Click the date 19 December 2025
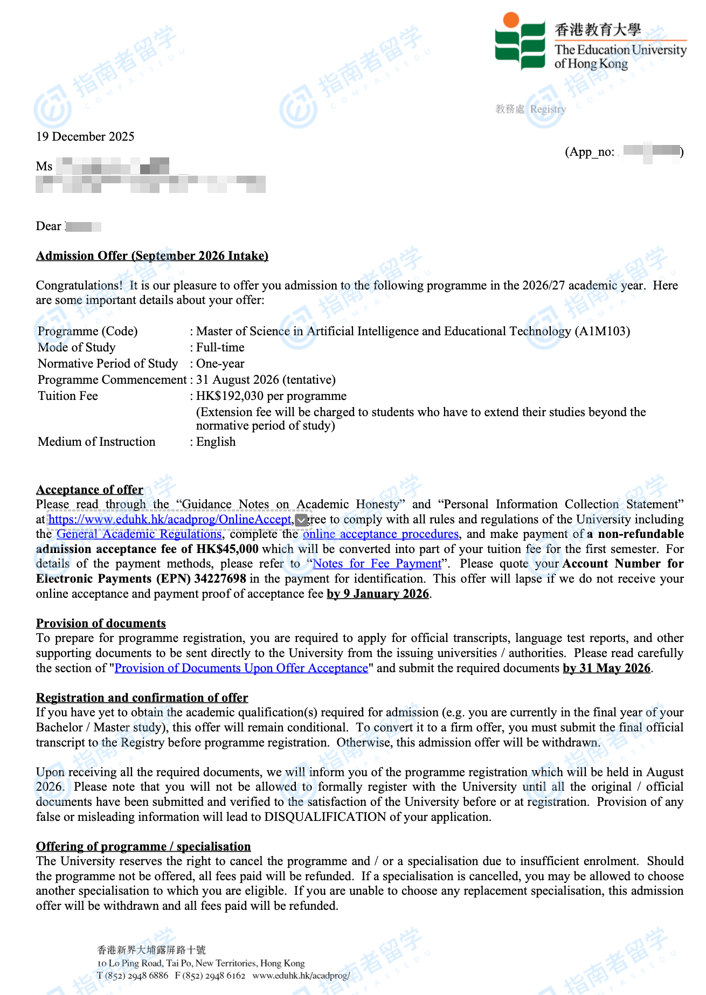tap(85, 136)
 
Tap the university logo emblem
tap(520, 42)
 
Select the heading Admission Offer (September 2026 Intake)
tap(152, 255)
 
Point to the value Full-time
tap(220, 347)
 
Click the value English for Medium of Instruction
tap(216, 441)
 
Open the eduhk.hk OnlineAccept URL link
tap(170, 519)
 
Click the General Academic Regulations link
tap(139, 534)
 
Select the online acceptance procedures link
tap(380, 534)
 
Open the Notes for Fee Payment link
tap(377, 564)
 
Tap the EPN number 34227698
tap(220, 579)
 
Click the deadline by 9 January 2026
tap(378, 594)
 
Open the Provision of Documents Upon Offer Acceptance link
tap(241, 668)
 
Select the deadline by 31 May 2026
tap(606, 668)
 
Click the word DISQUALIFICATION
tap(325, 817)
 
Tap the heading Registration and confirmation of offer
tap(142, 697)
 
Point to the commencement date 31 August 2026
tap(237, 379)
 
